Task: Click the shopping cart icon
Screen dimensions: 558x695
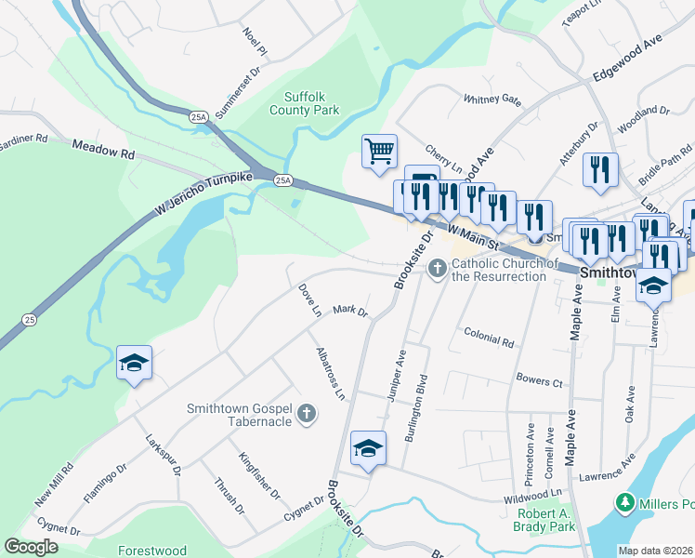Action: (x=379, y=151)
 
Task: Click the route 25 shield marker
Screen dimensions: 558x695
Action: (x=30, y=319)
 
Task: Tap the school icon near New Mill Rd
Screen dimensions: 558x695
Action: (x=134, y=363)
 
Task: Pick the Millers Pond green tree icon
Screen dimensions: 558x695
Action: (x=626, y=503)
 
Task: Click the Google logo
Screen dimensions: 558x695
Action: (x=31, y=546)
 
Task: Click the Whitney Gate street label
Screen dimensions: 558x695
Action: (x=492, y=100)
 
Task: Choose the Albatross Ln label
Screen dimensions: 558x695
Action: (x=330, y=374)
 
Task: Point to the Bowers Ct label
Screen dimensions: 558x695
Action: (x=538, y=382)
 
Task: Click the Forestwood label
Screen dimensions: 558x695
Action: (x=151, y=551)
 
